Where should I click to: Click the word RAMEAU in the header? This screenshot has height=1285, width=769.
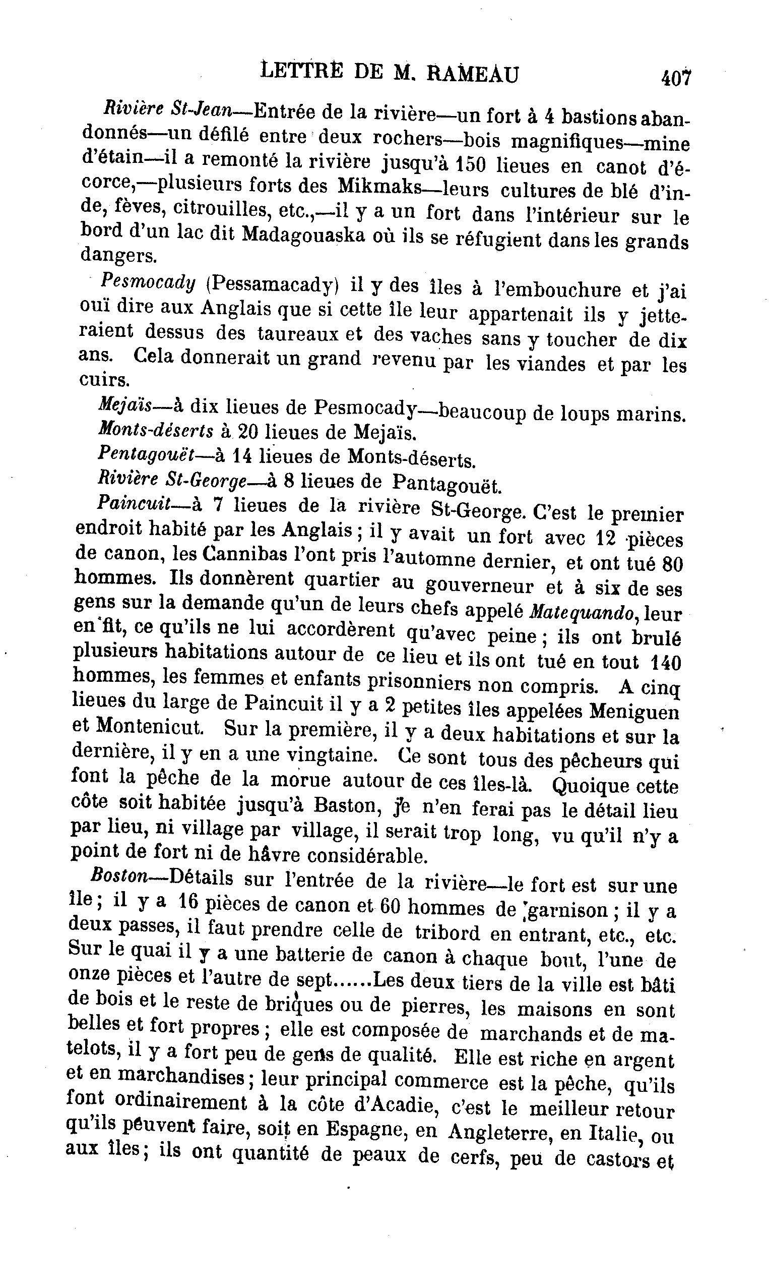472,75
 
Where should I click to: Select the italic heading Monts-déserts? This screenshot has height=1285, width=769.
155,429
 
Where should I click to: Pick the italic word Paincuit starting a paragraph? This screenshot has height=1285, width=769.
134,504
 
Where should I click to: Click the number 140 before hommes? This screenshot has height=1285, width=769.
665,662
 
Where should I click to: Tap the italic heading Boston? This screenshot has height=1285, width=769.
119,876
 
